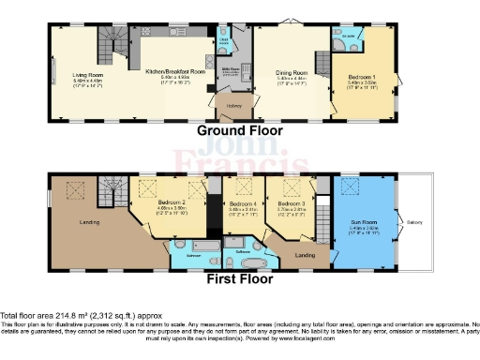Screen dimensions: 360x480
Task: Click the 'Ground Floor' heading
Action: pos(239,131)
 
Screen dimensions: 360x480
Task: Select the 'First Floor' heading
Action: pos(240,278)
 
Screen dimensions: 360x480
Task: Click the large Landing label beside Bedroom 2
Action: pos(90,221)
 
